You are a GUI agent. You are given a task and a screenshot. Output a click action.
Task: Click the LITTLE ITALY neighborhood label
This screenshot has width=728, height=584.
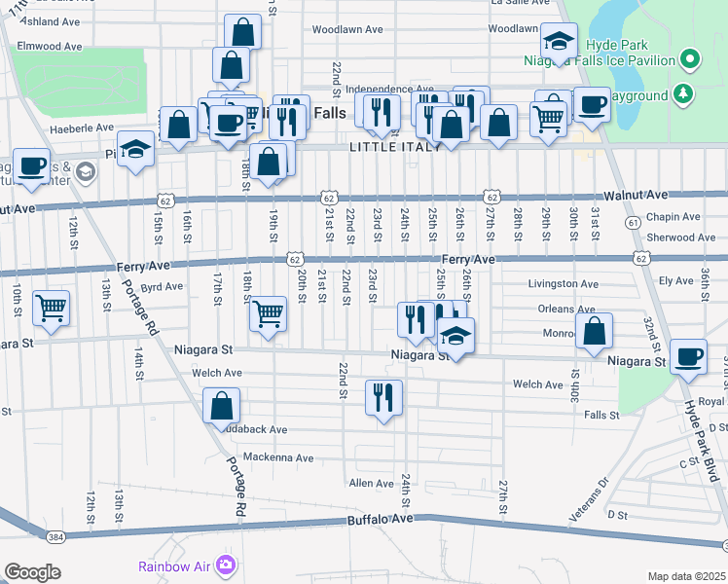(388, 148)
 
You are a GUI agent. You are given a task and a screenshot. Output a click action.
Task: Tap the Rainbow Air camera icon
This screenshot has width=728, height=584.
(227, 565)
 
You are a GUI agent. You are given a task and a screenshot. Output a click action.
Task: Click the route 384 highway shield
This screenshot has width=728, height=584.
(55, 536)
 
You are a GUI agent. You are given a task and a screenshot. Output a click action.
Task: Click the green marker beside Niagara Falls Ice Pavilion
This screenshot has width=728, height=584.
(690, 59)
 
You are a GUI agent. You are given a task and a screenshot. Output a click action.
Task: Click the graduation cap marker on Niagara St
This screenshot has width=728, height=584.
(455, 336)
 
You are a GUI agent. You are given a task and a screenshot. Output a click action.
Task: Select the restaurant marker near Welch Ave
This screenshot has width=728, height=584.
(384, 397)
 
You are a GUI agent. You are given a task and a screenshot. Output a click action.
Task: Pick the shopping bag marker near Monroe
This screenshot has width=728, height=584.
(594, 331)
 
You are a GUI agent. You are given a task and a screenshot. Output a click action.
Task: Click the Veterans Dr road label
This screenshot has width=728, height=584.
(589, 497)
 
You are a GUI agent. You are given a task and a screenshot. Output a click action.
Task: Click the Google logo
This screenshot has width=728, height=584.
(32, 571)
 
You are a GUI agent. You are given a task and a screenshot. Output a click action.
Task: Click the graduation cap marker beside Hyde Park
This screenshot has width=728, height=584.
(559, 42)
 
